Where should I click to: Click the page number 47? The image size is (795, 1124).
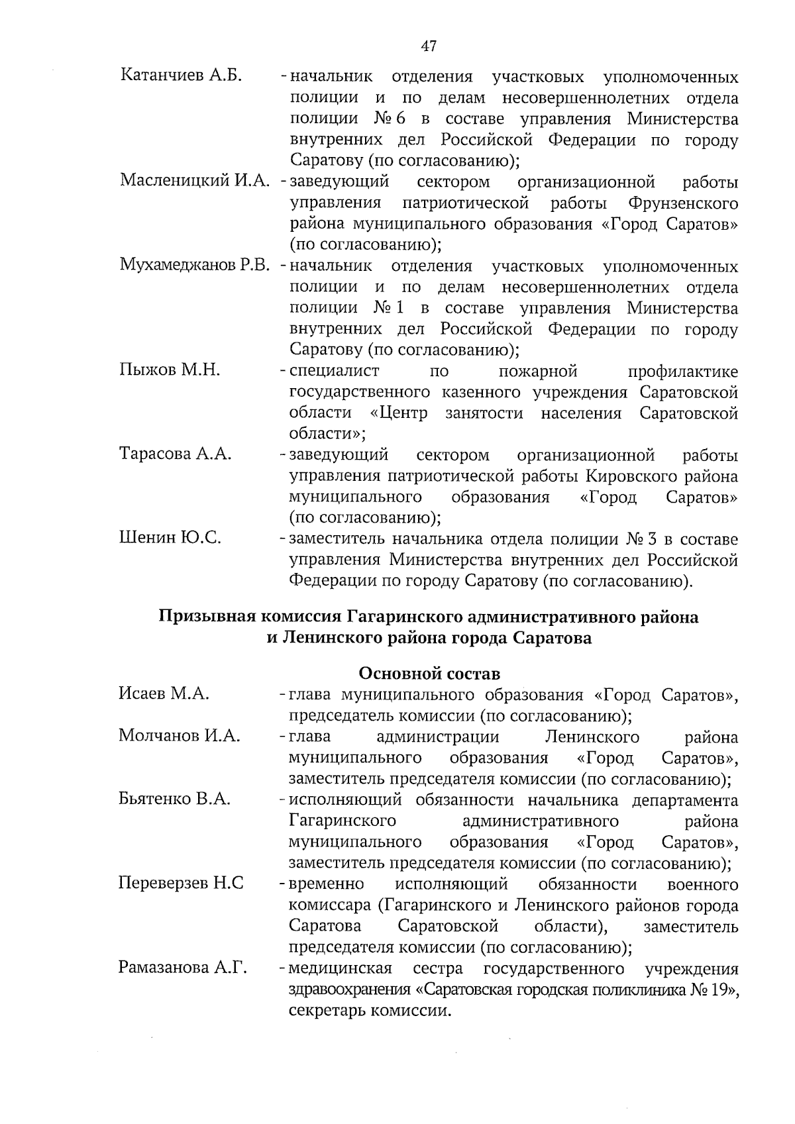pyautogui.click(x=429, y=46)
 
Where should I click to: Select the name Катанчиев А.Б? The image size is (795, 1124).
pyautogui.click(x=180, y=76)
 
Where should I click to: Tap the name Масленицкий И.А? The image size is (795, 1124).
pyautogui.click(x=194, y=180)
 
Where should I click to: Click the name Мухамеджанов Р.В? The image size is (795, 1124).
pyautogui.click(x=194, y=266)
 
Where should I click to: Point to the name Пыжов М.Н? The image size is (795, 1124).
pyautogui.click(x=170, y=370)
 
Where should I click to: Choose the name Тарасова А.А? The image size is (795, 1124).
pyautogui.click(x=175, y=454)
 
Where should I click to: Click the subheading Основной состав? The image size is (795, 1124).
pyautogui.click(x=429, y=674)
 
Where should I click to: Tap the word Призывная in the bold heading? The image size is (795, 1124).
pyautogui.click(x=206, y=617)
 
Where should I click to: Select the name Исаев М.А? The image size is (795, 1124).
pyautogui.click(x=164, y=693)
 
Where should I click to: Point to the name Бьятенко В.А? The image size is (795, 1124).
pyautogui.click(x=174, y=799)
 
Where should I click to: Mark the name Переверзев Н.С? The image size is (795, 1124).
pyautogui.click(x=181, y=883)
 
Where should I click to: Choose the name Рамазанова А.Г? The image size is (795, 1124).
pyautogui.click(x=182, y=968)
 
